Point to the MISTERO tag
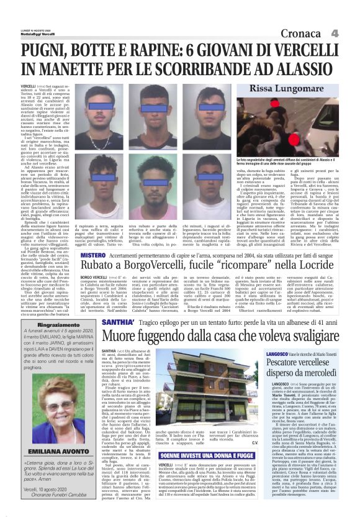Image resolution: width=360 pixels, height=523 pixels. (x=94, y=239)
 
